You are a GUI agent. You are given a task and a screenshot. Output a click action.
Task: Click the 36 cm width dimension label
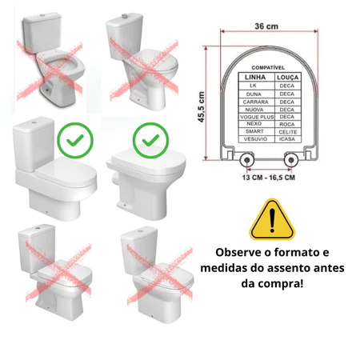pyautogui.click(x=266, y=26)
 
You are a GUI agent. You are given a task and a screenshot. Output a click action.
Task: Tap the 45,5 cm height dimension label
pyautogui.click(x=202, y=107)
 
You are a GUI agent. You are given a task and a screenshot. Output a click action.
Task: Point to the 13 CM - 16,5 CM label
pyautogui.click(x=269, y=178)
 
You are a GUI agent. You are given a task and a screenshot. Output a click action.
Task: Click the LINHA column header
pyautogui.click(x=255, y=78)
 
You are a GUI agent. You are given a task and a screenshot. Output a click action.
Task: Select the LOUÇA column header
pyautogui.click(x=287, y=78)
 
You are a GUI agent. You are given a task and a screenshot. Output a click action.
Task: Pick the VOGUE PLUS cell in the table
pyautogui.click(x=257, y=117)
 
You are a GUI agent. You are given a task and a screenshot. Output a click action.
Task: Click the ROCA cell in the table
pyautogui.click(x=287, y=124)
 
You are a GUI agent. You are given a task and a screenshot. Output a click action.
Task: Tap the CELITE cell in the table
pyautogui.click(x=288, y=132)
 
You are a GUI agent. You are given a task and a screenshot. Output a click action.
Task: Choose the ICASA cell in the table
pyautogui.click(x=287, y=139)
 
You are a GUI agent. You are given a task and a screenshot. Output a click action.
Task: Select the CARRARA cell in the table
pyautogui.click(x=255, y=102)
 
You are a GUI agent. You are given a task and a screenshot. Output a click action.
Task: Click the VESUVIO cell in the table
pyautogui.click(x=255, y=139)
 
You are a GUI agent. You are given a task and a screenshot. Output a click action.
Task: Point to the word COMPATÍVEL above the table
pyautogui.click(x=268, y=68)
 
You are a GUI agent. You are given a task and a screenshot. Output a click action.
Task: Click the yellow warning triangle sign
pyautogui.click(x=272, y=219)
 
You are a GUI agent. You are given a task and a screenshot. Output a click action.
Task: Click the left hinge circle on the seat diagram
pyautogui.click(x=247, y=160)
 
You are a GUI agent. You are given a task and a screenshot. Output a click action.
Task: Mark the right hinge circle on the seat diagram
pyautogui.click(x=291, y=160)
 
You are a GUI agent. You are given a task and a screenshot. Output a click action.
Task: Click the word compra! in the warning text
pyautogui.click(x=285, y=284)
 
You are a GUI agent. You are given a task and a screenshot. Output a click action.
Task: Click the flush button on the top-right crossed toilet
pyautogui.click(x=125, y=17)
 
